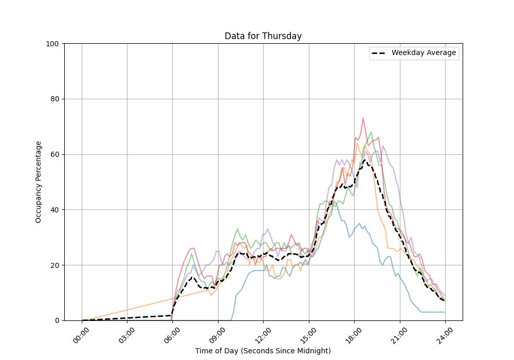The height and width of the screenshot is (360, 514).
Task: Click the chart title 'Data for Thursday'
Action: [x=263, y=37]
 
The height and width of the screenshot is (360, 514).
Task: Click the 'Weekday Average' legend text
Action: [x=424, y=53]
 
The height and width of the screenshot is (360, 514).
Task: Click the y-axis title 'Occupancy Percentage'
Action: [x=39, y=182]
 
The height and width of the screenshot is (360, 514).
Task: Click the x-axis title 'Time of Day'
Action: [x=263, y=351]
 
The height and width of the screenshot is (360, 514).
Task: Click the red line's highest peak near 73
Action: [x=363, y=118]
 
